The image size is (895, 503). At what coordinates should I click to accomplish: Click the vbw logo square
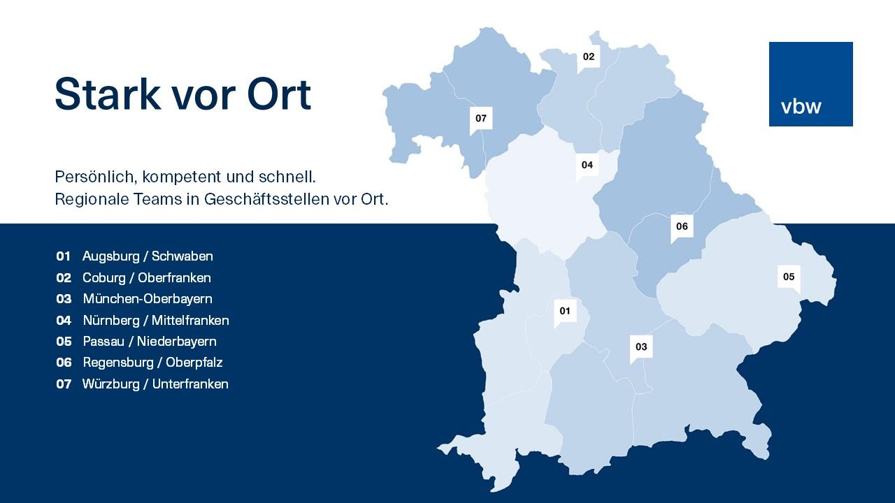pyautogui.click(x=810, y=85)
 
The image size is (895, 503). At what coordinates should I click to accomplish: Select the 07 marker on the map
pyautogui.click(x=481, y=120)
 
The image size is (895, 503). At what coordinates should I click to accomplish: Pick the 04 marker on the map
pyautogui.click(x=587, y=167)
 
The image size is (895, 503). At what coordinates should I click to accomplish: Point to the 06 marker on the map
pyautogui.click(x=682, y=228)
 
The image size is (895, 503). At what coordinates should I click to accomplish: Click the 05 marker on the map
pyautogui.click(x=789, y=279)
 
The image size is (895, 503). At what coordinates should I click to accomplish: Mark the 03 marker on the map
pyautogui.click(x=641, y=349)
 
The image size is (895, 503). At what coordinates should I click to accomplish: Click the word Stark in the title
pyautogui.click(x=108, y=94)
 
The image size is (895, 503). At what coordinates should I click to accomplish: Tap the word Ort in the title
pyautogui.click(x=279, y=94)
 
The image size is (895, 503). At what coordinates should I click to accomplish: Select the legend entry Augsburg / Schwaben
pyautogui.click(x=148, y=256)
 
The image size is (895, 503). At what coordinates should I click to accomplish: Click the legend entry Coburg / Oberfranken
pyautogui.click(x=147, y=278)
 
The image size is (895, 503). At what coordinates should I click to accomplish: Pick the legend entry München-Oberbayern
pyautogui.click(x=148, y=299)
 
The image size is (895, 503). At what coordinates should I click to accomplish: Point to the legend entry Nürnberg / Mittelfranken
pyautogui.click(x=156, y=321)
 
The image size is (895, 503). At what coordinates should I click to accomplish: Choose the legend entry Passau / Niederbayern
pyautogui.click(x=150, y=342)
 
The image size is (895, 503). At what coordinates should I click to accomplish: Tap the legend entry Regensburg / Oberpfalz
pyautogui.click(x=152, y=363)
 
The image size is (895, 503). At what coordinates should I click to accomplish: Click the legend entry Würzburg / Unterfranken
pyautogui.click(x=155, y=384)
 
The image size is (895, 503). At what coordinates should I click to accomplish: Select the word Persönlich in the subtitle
pyautogui.click(x=96, y=177)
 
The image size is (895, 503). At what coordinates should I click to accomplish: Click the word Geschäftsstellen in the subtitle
pyautogui.click(x=267, y=199)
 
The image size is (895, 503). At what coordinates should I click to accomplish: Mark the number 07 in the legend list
pyautogui.click(x=64, y=384)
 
